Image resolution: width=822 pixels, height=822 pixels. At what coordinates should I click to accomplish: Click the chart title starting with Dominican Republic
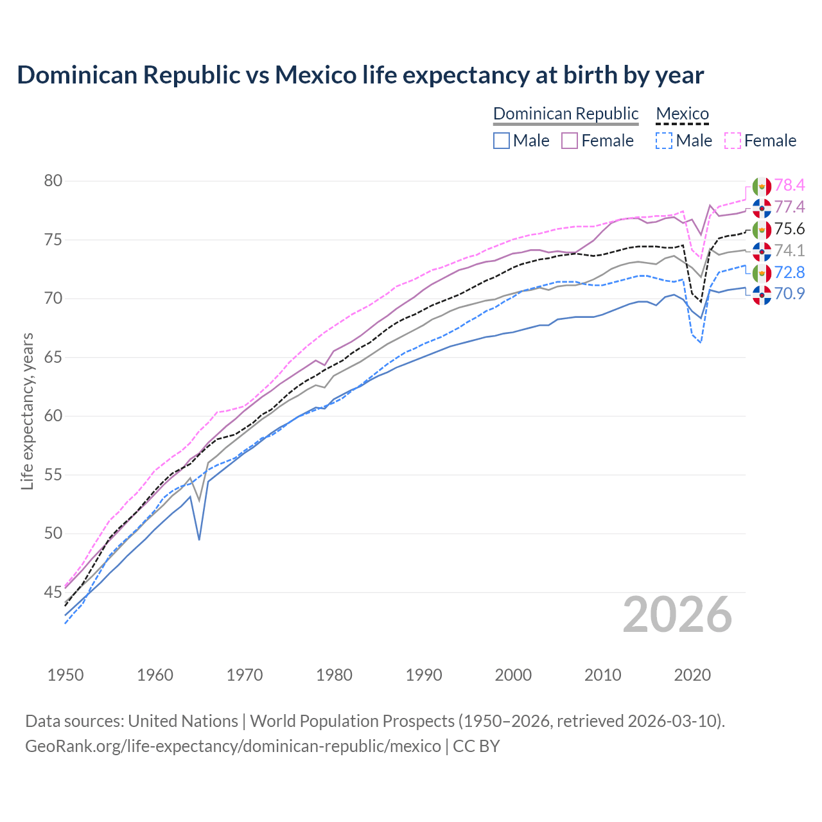pyautogui.click(x=360, y=75)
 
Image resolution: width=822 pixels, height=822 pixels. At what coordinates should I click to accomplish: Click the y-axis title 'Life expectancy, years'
pyautogui.click(x=27, y=411)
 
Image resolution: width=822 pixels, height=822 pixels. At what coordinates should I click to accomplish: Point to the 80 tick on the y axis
pyautogui.click(x=53, y=181)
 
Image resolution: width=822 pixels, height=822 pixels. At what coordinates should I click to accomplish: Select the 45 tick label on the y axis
pyautogui.click(x=53, y=592)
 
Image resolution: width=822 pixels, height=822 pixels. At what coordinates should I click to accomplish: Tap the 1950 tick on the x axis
pyautogui.click(x=66, y=675)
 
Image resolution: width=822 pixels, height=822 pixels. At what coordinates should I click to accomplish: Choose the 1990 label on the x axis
pyautogui.click(x=424, y=675)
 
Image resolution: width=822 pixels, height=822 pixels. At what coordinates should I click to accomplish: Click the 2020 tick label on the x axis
pyautogui.click(x=692, y=675)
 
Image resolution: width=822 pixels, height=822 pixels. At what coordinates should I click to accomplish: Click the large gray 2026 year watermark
pyautogui.click(x=678, y=615)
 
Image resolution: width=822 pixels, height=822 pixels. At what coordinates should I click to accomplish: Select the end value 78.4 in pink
pyautogui.click(x=789, y=186)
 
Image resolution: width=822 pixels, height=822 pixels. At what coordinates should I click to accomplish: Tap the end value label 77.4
pyautogui.click(x=789, y=207)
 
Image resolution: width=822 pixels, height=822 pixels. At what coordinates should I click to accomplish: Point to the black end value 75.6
pyautogui.click(x=789, y=229)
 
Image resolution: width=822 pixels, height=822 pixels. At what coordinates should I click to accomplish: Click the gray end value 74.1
pyautogui.click(x=789, y=251)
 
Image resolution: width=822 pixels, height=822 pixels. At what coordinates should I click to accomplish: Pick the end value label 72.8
pyautogui.click(x=789, y=273)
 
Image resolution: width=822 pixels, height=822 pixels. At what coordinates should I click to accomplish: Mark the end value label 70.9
pyautogui.click(x=789, y=294)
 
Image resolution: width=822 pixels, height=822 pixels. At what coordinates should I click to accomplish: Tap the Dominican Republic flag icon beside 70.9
pyautogui.click(x=762, y=295)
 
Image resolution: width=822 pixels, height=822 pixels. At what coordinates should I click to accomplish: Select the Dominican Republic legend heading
pyautogui.click(x=566, y=114)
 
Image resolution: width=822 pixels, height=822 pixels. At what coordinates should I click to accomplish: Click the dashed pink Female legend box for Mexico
pyautogui.click(x=733, y=141)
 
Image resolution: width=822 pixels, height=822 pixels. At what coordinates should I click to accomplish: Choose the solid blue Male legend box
pyautogui.click(x=502, y=141)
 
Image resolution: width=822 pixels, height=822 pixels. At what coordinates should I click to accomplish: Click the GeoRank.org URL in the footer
pyautogui.click(x=233, y=746)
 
